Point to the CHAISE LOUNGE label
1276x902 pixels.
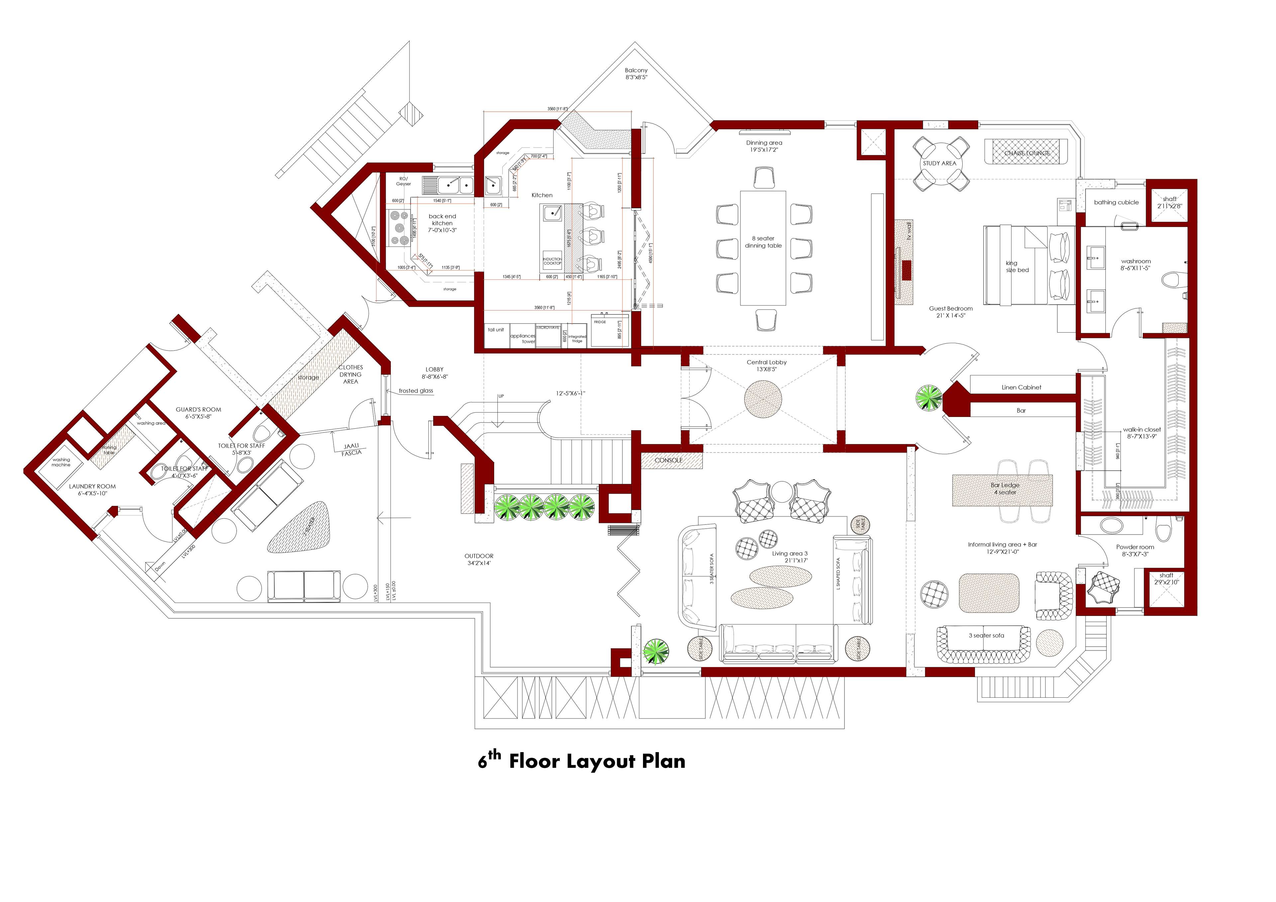tap(1027, 153)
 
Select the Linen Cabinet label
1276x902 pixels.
tap(1021, 387)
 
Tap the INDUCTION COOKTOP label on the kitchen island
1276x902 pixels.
tap(552, 261)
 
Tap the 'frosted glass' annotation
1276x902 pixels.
tap(416, 391)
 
